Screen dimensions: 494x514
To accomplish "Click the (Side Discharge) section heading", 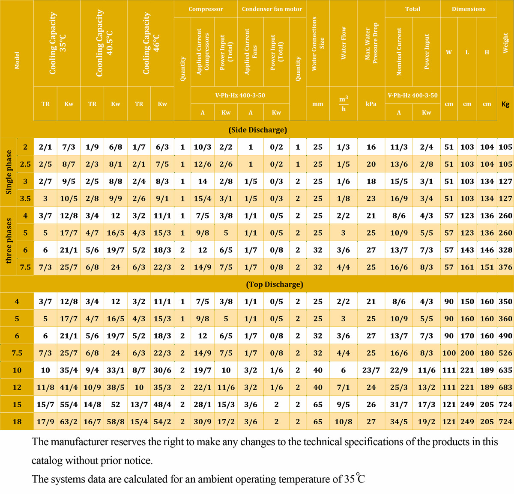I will click(x=257, y=130).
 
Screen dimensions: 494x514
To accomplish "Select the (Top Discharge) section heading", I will click(x=275, y=284).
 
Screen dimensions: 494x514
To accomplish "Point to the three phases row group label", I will click(x=9, y=241).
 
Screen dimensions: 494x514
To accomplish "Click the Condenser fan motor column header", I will click(x=272, y=9).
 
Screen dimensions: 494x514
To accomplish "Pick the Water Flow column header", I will click(x=344, y=43).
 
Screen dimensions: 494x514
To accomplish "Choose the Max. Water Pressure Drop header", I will click(x=371, y=43).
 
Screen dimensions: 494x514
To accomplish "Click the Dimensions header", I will click(x=469, y=9).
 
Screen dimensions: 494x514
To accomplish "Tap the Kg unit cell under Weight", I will click(x=505, y=104).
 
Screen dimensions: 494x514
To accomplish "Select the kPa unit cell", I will click(x=371, y=104).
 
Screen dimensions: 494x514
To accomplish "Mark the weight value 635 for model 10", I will click(x=505, y=370).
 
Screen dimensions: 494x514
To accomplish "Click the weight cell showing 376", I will click(x=505, y=267).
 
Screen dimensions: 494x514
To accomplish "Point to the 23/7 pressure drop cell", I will click(x=371, y=370).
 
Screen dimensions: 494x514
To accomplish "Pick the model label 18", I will click(x=17, y=422).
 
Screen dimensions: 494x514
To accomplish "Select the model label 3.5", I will click(x=25, y=198).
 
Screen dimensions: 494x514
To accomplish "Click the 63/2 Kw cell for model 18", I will click(x=69, y=422).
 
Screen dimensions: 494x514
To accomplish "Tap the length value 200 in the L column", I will click(x=467, y=353).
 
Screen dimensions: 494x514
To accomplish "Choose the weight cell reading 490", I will click(x=505, y=336).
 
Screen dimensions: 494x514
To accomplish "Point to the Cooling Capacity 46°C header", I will click(x=150, y=43).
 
